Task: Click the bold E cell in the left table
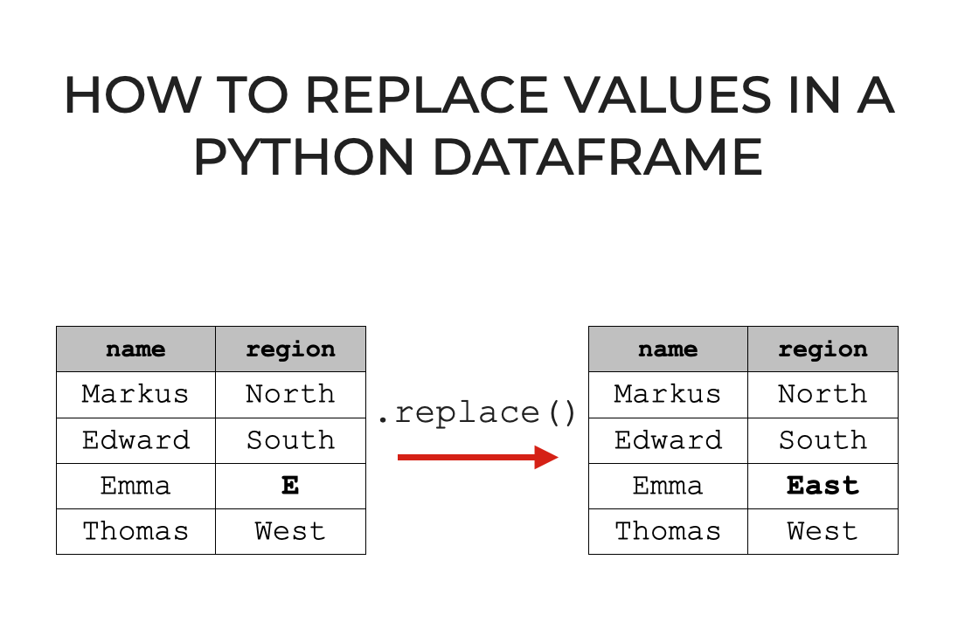click(x=290, y=486)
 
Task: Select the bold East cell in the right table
click(x=823, y=486)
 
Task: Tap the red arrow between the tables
click(x=477, y=457)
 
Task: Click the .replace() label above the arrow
click(x=477, y=412)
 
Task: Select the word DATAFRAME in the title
click(x=598, y=157)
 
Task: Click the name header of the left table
click(x=135, y=349)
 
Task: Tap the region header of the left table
click(x=290, y=349)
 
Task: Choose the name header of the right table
click(x=668, y=349)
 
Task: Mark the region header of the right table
click(x=823, y=349)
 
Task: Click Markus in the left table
click(x=135, y=395)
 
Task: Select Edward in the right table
click(x=668, y=440)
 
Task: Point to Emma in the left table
click(x=135, y=486)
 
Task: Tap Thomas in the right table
click(x=668, y=531)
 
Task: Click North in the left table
click(x=290, y=395)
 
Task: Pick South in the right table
click(x=823, y=440)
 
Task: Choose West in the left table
click(x=290, y=531)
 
